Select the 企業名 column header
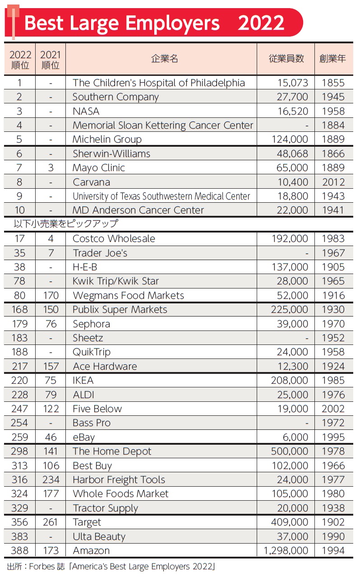click(x=164, y=59)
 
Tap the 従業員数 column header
click(x=286, y=59)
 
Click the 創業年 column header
click(x=333, y=59)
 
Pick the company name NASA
click(x=86, y=111)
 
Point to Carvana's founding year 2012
click(x=333, y=182)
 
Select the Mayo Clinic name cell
click(x=99, y=168)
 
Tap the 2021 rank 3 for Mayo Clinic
click(x=51, y=168)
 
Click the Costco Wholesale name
click(x=114, y=239)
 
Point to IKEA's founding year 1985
click(x=333, y=381)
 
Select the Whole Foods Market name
click(x=120, y=494)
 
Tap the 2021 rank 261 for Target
click(x=51, y=522)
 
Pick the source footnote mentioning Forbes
click(x=111, y=566)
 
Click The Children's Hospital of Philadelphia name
click(x=159, y=83)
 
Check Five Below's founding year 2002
click(x=333, y=409)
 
